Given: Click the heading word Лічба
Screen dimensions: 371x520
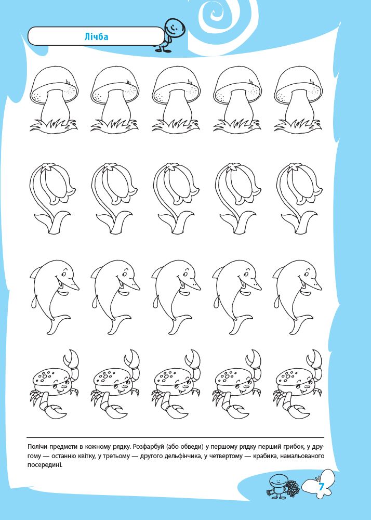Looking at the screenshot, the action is point(96,36).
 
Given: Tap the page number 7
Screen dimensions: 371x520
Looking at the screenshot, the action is point(321,487).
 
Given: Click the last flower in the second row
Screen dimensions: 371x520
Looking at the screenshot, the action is point(298,198).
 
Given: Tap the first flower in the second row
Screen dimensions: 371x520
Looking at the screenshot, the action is point(52,198).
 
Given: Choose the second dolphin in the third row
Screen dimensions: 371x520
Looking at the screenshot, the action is point(115,297).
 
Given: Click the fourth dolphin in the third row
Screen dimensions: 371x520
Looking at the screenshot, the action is point(236,297).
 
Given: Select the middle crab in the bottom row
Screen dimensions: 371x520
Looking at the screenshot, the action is point(176,385).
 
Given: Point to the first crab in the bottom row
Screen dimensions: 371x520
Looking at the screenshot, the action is point(55,385).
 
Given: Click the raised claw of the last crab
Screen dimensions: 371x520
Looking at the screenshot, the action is point(315,365).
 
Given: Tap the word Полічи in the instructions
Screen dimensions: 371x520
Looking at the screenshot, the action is point(38,447).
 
